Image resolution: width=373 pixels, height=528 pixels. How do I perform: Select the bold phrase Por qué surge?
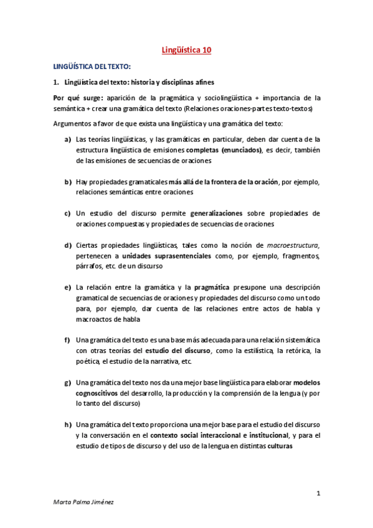[x=78, y=98]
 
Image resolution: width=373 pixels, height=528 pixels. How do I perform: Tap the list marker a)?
[x=67, y=139]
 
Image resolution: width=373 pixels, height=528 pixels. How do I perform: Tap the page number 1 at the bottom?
[x=318, y=494]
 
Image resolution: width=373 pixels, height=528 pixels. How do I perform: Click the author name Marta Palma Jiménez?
[x=84, y=517]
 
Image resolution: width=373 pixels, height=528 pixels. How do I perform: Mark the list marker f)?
[x=67, y=340]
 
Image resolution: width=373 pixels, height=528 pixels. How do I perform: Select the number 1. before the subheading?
[x=56, y=82]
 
